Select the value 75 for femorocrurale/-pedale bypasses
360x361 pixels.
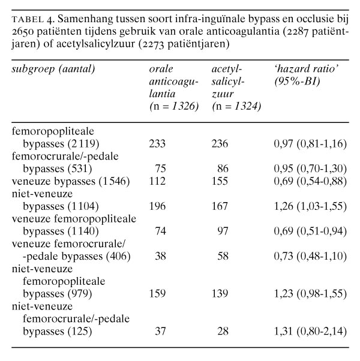[x=160, y=169]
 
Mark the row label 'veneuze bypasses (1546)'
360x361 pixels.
[x=71, y=181]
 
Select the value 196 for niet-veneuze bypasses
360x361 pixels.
[x=157, y=206]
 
